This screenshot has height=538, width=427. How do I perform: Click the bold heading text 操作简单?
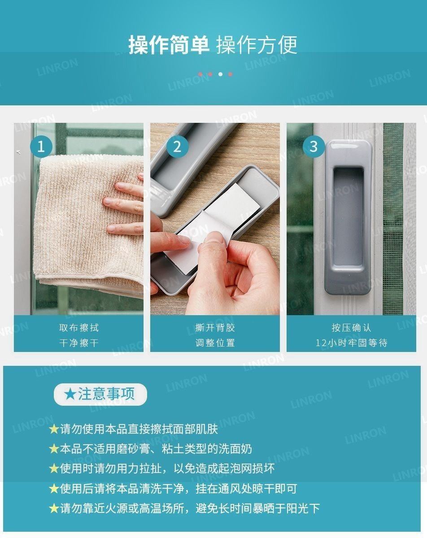169,45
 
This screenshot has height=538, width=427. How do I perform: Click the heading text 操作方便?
257,45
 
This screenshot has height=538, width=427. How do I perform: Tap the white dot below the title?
220,74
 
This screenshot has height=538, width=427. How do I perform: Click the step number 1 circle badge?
41,147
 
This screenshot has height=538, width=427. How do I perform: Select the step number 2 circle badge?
178,147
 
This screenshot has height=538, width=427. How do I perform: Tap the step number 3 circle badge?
314,147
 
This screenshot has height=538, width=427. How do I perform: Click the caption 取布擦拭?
79,328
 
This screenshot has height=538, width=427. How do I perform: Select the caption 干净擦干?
79,343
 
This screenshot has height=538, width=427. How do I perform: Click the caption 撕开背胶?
215,328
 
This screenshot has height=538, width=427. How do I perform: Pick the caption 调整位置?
215,343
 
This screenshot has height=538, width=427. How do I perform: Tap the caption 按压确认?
351,328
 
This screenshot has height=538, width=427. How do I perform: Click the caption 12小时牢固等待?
351,343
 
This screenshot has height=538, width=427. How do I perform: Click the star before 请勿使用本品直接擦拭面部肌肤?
54,430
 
